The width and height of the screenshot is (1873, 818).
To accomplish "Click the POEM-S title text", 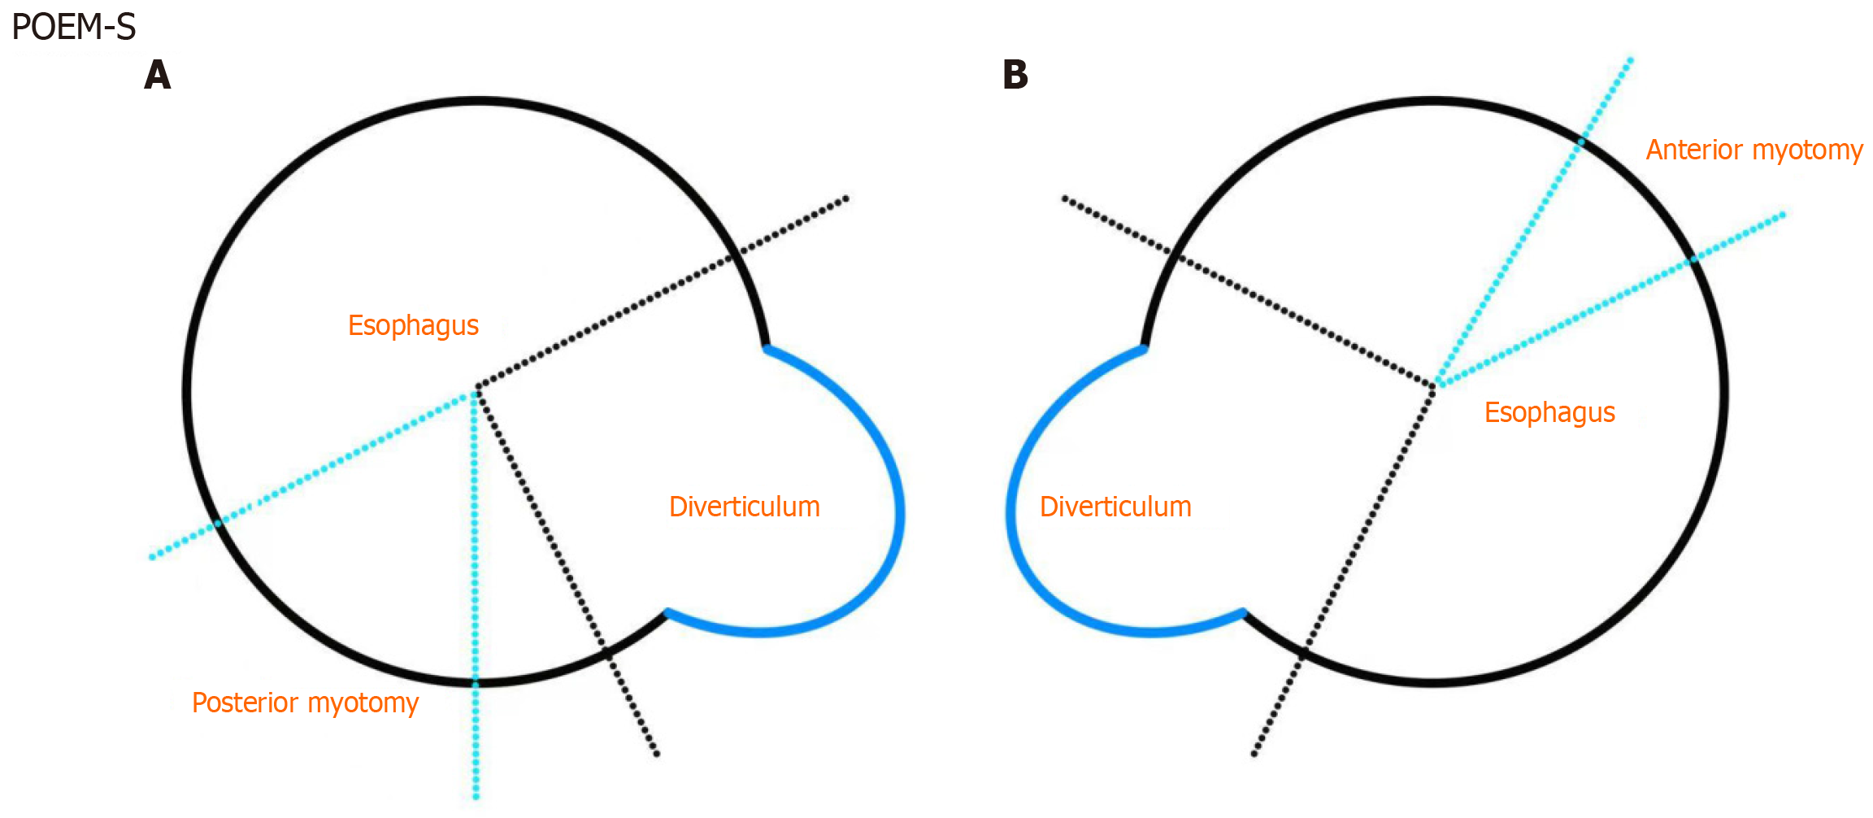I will pyautogui.click(x=73, y=28).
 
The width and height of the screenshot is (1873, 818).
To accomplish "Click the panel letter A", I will pyautogui.click(x=158, y=75).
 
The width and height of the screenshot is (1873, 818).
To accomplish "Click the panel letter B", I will pyautogui.click(x=1015, y=75).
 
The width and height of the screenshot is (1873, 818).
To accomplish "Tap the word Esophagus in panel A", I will pyautogui.click(x=413, y=325).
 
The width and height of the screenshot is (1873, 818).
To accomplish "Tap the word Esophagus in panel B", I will pyautogui.click(x=1549, y=412).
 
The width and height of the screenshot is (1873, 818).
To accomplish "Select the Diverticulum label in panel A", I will pyautogui.click(x=744, y=507).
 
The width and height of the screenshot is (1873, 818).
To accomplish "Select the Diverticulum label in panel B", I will pyautogui.click(x=1115, y=507).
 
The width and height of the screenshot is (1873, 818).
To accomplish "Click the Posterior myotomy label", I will pyautogui.click(x=305, y=703).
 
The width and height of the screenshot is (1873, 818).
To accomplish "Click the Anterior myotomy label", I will pyautogui.click(x=1754, y=150).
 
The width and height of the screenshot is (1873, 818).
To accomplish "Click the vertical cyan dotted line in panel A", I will pyautogui.click(x=476, y=569).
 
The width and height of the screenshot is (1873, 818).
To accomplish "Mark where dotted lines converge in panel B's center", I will pyautogui.click(x=1435, y=385).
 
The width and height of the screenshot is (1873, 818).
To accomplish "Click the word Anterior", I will pyautogui.click(x=1695, y=150).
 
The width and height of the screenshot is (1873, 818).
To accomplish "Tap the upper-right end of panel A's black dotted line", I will pyautogui.click(x=846, y=198).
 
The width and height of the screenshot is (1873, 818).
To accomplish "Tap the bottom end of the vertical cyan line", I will pyautogui.click(x=476, y=797).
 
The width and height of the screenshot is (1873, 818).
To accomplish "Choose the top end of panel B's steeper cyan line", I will pyautogui.click(x=1631, y=59).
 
